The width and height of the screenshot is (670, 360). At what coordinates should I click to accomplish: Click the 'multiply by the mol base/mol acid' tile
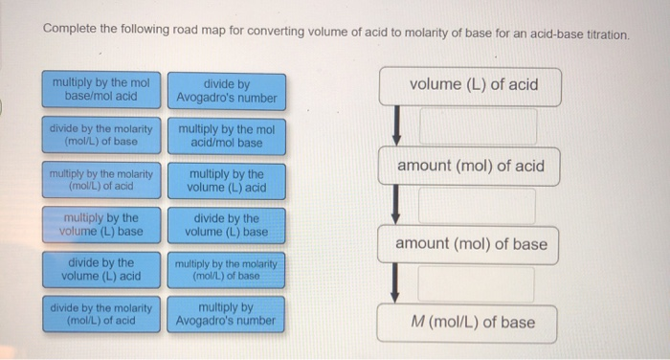click(x=101, y=89)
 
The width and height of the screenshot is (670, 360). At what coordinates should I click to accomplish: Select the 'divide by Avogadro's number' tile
click(x=227, y=91)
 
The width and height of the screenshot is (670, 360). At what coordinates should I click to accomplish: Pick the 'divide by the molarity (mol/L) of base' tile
click(x=101, y=134)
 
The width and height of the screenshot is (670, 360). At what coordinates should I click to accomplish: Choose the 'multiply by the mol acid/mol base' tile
click(x=227, y=135)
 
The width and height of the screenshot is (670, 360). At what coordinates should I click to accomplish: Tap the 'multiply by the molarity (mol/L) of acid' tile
click(x=101, y=179)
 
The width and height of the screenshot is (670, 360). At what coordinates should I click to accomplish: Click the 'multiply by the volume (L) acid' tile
click(x=227, y=180)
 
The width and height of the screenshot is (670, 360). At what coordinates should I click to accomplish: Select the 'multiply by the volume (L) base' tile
click(x=101, y=224)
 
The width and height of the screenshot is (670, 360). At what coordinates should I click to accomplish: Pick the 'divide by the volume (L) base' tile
click(x=227, y=224)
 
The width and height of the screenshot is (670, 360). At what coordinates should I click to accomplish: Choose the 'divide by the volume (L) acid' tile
click(x=101, y=269)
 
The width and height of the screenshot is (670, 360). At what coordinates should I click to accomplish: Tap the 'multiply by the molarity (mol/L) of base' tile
click(x=227, y=269)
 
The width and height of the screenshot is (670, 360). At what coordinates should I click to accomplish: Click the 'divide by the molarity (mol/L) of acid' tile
click(x=101, y=314)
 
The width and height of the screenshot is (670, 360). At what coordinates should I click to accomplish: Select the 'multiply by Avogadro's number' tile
click(x=227, y=314)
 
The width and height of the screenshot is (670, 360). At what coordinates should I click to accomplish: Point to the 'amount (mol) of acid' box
click(x=470, y=166)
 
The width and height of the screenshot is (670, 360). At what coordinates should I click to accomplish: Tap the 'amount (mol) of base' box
click(x=472, y=244)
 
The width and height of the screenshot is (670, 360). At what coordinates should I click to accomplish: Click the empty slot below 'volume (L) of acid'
click(x=477, y=126)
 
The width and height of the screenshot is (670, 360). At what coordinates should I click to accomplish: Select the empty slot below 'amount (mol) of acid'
click(x=477, y=206)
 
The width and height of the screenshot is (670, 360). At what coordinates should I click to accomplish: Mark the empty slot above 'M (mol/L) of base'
click(x=477, y=284)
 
